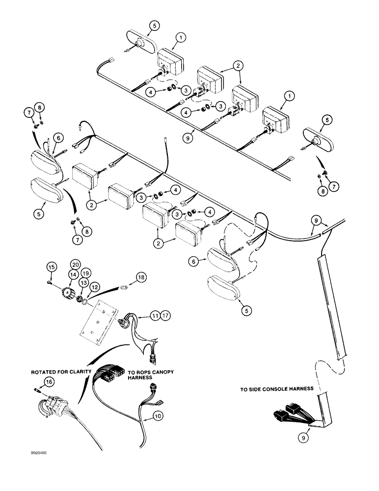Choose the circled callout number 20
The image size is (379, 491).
click(75, 265)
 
